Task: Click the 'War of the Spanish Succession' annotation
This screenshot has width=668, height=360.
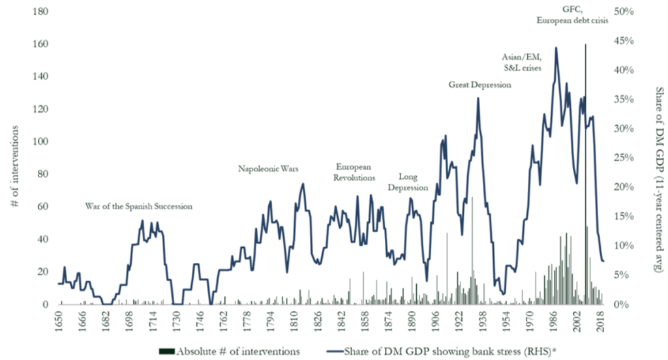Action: click(139, 206)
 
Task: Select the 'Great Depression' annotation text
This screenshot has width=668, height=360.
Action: click(479, 85)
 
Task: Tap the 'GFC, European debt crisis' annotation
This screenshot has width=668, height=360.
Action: click(572, 14)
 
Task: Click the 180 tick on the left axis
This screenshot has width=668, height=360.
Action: click(41, 12)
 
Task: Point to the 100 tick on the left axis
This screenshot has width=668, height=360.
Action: click(41, 142)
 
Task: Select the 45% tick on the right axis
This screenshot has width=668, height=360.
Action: click(624, 41)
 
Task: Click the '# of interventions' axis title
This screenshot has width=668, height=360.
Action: click(14, 158)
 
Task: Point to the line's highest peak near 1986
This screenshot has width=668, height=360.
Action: click(556, 48)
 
